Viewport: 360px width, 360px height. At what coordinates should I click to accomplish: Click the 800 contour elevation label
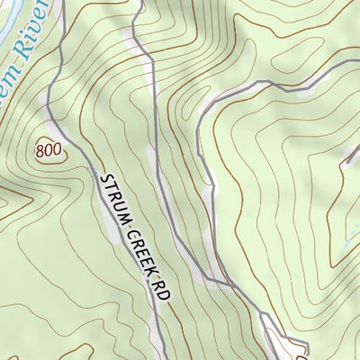[x=51, y=150]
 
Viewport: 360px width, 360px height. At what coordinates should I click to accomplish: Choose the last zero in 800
[x=59, y=150]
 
